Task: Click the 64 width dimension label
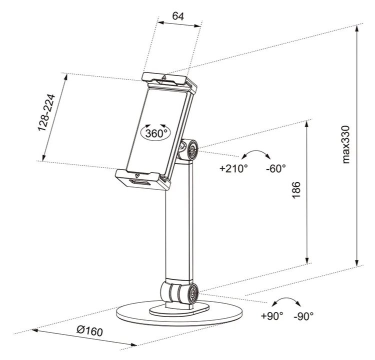178,16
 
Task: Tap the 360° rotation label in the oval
155,133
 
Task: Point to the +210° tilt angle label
233,168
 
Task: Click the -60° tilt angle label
275,168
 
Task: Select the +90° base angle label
272,316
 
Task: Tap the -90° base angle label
303,316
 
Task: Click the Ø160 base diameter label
90,330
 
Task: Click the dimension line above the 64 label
179,23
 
